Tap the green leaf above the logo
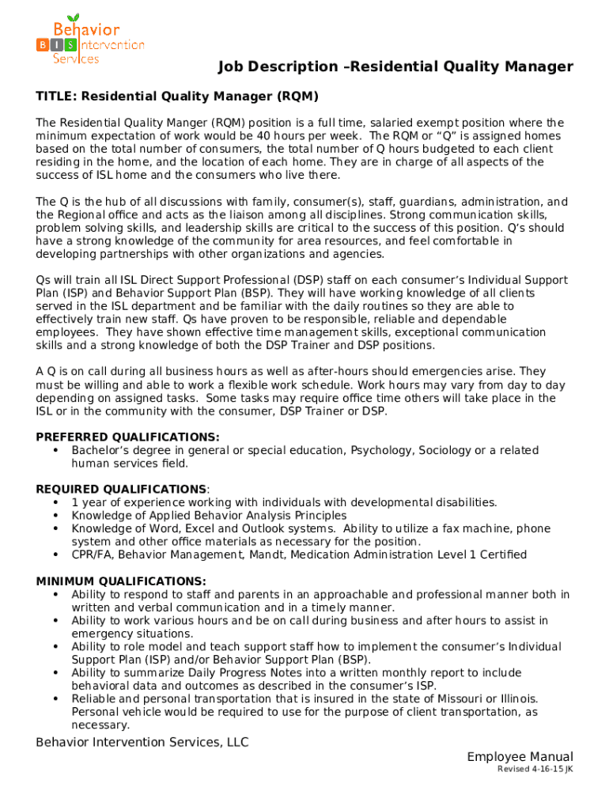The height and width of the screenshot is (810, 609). [x=74, y=18]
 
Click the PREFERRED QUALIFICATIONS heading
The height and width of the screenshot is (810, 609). [x=127, y=437]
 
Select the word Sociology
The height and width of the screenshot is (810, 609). [x=446, y=451]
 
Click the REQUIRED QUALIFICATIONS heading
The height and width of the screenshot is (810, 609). [x=121, y=490]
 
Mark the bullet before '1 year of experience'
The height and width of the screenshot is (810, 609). [x=55, y=503]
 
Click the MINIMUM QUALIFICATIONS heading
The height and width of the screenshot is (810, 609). [x=121, y=581]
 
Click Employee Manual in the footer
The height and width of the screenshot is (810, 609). [x=520, y=757]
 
